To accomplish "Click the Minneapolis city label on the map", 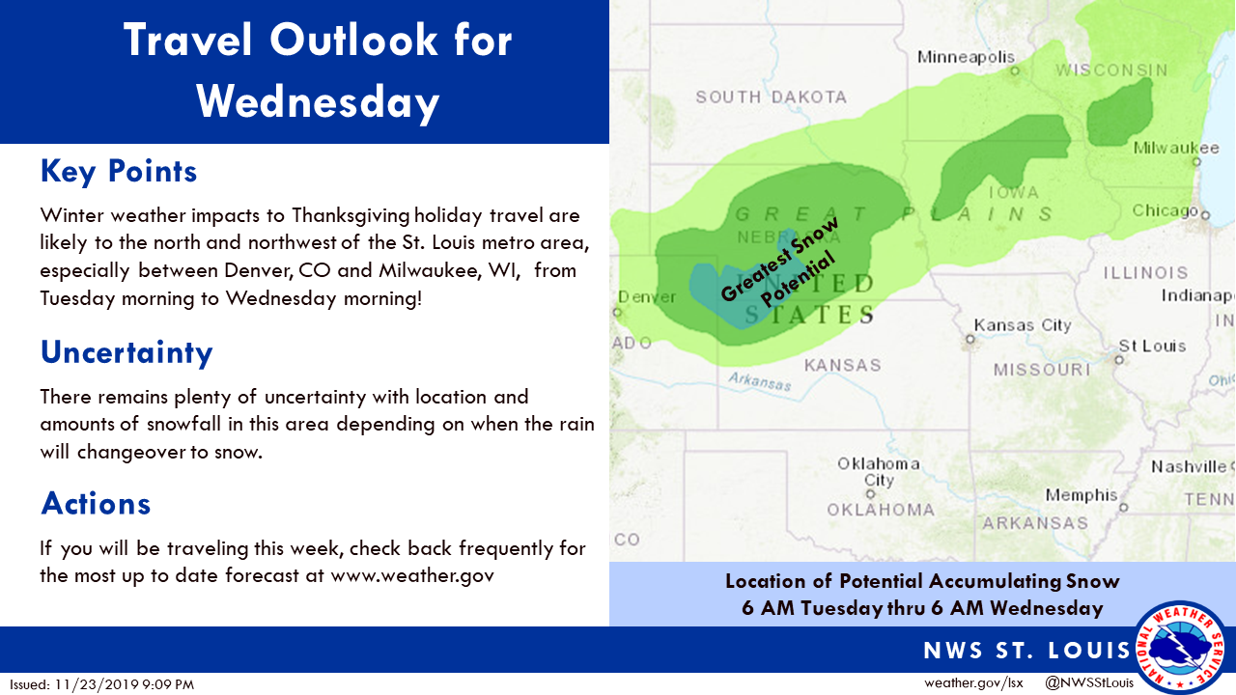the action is click(x=966, y=57).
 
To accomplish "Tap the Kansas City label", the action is click(x=1023, y=325).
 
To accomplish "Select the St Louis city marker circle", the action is click(x=1119, y=360).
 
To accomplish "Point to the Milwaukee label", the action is click(x=1176, y=148).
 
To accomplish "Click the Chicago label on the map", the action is click(x=1165, y=210).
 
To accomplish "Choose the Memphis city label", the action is click(x=1081, y=495).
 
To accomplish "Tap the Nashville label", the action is click(x=1189, y=467).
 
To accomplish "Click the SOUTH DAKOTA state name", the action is click(x=771, y=97).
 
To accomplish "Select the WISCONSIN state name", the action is click(x=1111, y=70).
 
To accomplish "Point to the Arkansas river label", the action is click(x=760, y=381).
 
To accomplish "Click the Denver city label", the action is click(x=647, y=297).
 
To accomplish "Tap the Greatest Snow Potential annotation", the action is click(x=779, y=263).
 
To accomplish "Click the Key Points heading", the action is click(x=119, y=171).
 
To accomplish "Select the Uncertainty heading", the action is click(x=126, y=352).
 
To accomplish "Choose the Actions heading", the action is click(x=96, y=504).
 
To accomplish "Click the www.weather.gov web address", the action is click(x=412, y=576).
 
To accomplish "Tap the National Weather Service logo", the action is click(x=1180, y=648).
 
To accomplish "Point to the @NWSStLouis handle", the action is click(x=1089, y=682).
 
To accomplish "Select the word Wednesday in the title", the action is click(x=318, y=103).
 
